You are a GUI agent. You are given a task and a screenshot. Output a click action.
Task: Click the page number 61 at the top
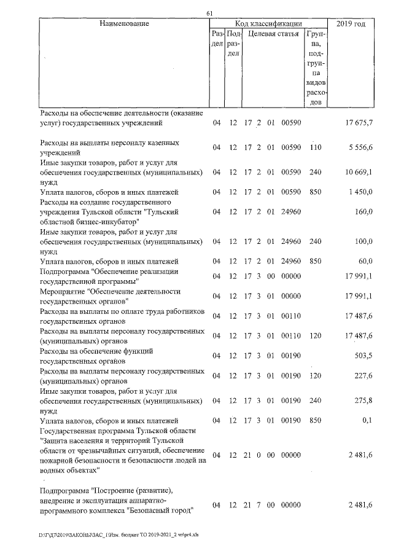(209, 14)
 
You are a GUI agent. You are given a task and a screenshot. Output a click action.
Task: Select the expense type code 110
(316, 148)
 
